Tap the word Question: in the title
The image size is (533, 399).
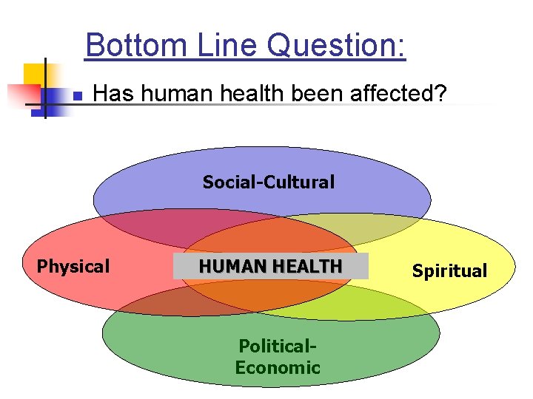tap(336, 47)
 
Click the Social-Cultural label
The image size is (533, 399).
tap(268, 182)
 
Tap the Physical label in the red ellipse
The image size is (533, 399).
tap(73, 266)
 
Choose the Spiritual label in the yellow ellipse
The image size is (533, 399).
tap(449, 271)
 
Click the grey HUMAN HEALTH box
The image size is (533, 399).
tap(270, 267)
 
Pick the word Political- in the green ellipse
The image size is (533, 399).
tap(278, 346)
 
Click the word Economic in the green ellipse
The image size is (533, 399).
tap(278, 367)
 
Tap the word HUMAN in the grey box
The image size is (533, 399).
tap(227, 267)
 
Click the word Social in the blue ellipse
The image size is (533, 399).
tap(227, 182)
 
